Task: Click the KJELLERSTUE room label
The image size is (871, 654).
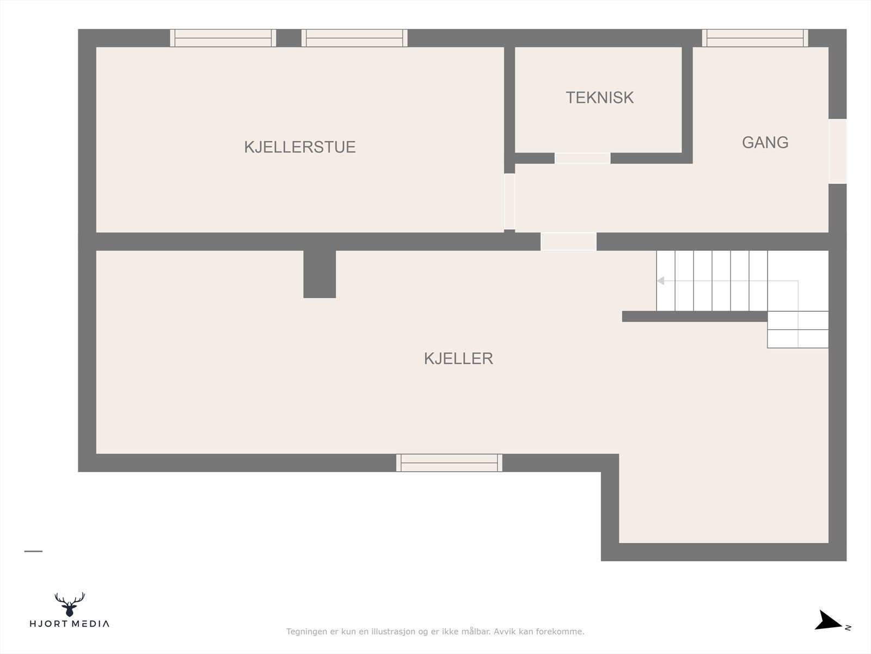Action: [x=299, y=147]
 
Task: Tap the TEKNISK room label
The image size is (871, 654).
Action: [x=599, y=98]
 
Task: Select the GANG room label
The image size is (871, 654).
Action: [x=765, y=142]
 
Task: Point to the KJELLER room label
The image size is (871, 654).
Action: [x=458, y=359]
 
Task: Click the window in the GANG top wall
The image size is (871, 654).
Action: [x=755, y=38]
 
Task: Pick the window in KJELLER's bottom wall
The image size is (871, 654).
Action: [x=449, y=463]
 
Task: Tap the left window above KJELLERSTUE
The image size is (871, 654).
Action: [x=223, y=38]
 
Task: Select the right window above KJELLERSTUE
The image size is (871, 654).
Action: [x=354, y=38]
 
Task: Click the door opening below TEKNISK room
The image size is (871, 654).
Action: [x=582, y=158]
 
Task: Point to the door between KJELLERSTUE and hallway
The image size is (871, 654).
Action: [x=510, y=201]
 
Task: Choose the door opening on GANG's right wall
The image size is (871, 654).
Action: [x=837, y=151]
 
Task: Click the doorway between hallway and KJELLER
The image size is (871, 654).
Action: [x=568, y=241]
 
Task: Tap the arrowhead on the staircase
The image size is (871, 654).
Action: [x=660, y=281]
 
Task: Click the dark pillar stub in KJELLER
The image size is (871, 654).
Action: [x=320, y=274]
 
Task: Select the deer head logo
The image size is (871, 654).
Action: [x=70, y=604]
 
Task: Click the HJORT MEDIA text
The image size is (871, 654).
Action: [x=70, y=624]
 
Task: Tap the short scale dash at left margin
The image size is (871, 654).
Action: [x=33, y=551]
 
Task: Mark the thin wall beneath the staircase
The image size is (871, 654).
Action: [x=695, y=316]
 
